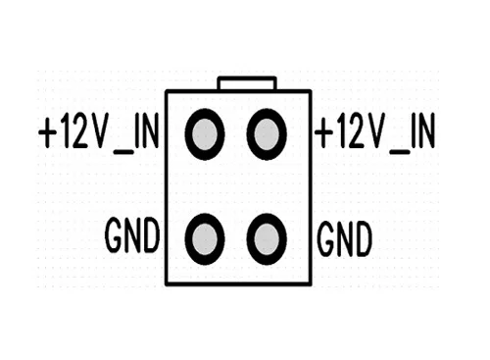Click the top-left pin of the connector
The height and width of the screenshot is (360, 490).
(205, 134)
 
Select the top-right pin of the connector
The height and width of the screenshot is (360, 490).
(267, 134)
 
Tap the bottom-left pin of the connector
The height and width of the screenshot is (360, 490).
(205, 239)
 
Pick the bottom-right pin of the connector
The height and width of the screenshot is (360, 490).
(267, 239)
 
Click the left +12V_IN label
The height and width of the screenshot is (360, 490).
(99, 133)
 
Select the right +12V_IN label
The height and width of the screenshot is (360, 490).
(374, 133)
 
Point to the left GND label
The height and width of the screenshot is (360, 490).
(132, 235)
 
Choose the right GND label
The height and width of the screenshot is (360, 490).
(344, 238)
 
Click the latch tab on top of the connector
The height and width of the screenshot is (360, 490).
(247, 83)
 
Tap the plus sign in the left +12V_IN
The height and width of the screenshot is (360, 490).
(48, 132)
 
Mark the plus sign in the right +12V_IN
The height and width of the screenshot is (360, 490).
(324, 132)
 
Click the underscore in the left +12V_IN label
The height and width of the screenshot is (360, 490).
(123, 152)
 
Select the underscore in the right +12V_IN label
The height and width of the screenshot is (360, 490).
(400, 152)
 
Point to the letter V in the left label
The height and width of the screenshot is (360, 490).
(98, 130)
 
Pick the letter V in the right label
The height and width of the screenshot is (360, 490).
(374, 130)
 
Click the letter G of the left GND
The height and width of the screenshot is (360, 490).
(114, 235)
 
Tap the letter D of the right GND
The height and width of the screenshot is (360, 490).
(364, 238)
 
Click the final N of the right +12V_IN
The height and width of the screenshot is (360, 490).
(426, 130)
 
